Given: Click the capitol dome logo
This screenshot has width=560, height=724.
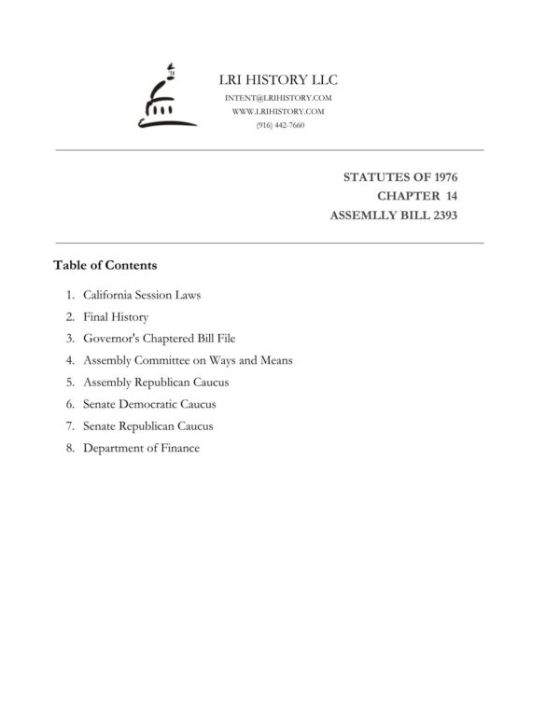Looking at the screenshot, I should (166, 98).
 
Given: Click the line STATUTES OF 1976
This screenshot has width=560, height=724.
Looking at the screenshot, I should (400, 176).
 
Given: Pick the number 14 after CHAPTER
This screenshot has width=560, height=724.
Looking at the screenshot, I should (450, 196).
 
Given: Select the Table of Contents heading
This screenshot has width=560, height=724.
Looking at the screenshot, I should (105, 265).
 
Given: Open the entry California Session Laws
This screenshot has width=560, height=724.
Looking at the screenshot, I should (142, 295).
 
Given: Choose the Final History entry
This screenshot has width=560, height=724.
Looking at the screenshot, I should (116, 317).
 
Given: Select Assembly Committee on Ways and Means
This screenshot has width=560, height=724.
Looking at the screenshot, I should (188, 360).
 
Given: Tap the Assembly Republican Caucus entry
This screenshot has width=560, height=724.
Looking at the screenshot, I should (156, 383).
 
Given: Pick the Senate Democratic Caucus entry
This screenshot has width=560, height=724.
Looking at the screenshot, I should (149, 404).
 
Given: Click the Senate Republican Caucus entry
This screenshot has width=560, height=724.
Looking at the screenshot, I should (147, 426).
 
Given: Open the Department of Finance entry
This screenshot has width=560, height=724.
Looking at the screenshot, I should (141, 448).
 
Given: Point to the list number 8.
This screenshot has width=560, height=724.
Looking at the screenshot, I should (70, 448).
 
